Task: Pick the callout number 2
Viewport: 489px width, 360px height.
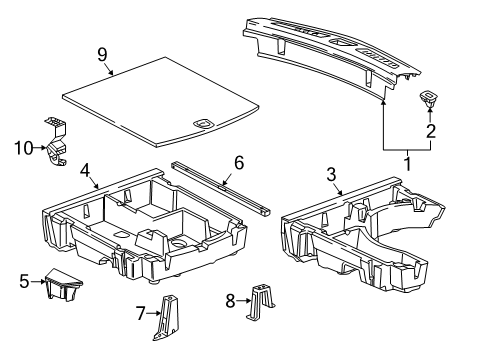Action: [431, 130]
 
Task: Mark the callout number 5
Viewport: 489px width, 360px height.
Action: [24, 282]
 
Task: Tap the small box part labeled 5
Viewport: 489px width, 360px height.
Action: [62, 288]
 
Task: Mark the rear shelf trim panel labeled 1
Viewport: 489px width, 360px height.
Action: [330, 45]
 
